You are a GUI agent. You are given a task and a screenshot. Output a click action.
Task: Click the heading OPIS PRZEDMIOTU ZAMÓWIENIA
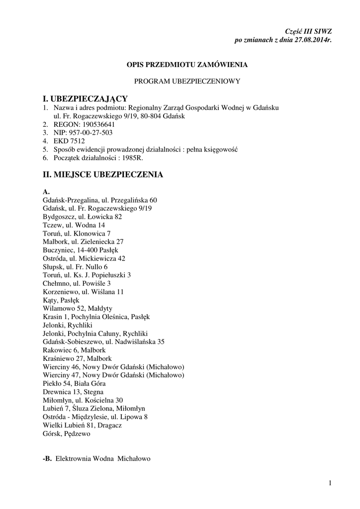(x=187, y=65)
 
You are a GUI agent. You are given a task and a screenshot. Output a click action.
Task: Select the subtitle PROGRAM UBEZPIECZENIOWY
(x=187, y=81)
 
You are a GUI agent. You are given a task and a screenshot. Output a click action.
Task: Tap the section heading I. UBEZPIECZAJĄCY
(x=86, y=98)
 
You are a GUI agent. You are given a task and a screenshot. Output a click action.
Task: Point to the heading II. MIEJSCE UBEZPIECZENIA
(x=103, y=174)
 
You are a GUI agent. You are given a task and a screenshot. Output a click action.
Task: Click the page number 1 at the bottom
(x=330, y=483)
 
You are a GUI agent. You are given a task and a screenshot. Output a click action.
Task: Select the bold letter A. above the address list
(x=46, y=191)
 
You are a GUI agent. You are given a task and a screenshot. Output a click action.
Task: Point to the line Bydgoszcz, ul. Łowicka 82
(x=83, y=217)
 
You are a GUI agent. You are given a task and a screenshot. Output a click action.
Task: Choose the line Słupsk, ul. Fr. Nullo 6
(x=75, y=267)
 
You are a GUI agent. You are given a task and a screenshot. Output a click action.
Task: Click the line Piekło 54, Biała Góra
(x=74, y=383)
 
